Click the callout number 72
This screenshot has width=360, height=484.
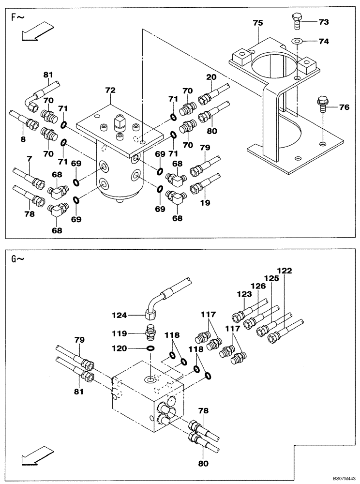(x=110, y=91)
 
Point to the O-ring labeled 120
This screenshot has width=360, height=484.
(x=151, y=348)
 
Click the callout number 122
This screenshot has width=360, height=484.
(x=285, y=271)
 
